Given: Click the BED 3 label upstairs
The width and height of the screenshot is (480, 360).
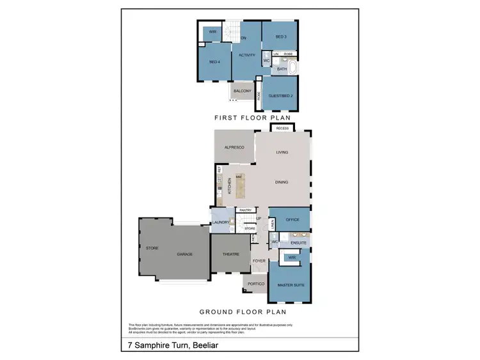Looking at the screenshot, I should click(280, 36).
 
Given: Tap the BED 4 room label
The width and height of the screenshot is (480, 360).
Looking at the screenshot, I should click(214, 62).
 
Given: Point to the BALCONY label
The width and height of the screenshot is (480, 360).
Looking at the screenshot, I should click(242, 91).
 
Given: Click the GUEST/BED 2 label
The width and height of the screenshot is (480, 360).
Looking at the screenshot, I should click(280, 95).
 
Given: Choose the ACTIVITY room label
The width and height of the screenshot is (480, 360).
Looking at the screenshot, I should click(247, 55).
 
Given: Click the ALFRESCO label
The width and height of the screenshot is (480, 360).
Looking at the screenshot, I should click(234, 147).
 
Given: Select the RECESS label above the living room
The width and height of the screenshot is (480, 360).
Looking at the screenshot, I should click(282, 129).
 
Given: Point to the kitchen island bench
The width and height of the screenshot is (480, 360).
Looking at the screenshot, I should click(241, 185).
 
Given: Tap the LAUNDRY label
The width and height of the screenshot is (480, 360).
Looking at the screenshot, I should click(221, 222).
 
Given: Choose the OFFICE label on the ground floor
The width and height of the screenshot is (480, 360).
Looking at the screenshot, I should click(292, 219).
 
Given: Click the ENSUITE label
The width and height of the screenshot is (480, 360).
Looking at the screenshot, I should click(298, 242).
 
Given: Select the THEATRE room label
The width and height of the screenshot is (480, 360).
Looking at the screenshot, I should click(230, 254).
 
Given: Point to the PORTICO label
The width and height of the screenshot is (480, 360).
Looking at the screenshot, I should click(256, 283).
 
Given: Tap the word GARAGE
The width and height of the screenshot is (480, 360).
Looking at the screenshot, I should click(185, 254).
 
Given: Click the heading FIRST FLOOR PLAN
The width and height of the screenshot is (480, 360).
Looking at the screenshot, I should click(252, 118).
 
